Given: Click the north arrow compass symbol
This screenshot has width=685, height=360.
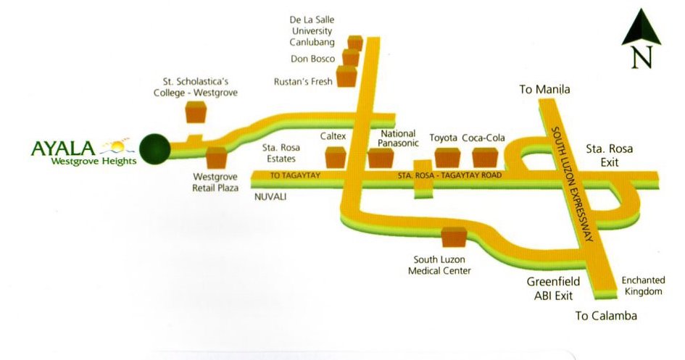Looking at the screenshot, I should click(639, 41).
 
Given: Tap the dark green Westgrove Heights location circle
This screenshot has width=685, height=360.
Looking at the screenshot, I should click(154, 149).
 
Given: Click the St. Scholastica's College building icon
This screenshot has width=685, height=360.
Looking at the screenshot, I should click(196, 112).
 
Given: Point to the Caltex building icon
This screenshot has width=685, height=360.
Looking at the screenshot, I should click(336, 156).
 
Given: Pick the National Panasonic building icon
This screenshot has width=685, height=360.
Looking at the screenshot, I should click(380, 157).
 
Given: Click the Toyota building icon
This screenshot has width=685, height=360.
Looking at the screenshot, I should click(447, 156).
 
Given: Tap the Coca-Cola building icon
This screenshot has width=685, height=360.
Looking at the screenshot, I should click(484, 156).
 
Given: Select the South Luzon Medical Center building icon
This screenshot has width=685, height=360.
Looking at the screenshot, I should click(454, 238).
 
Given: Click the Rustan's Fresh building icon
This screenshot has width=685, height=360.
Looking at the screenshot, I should click(347, 76).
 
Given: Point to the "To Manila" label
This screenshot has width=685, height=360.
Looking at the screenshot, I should click(545, 90).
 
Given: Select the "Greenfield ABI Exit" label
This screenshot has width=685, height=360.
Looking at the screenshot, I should click(549, 290).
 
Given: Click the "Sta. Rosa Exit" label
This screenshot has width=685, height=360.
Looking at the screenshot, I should click(609, 155).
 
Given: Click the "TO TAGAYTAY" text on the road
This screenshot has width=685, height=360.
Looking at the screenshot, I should click(294, 176).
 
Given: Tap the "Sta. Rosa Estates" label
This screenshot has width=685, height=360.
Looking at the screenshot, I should click(281, 153).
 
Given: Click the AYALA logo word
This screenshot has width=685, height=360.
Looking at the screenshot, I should click(64, 148).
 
